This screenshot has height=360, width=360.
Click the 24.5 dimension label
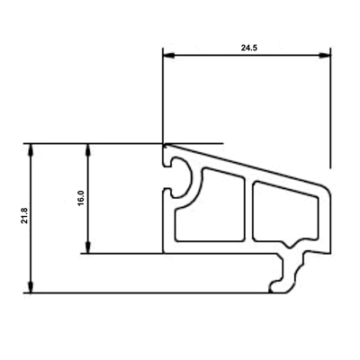click(x=249, y=48)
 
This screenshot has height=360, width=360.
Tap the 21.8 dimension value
click(x=24, y=216)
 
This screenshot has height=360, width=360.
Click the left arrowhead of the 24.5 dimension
click(x=168, y=56)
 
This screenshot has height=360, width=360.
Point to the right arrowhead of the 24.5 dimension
click(x=325, y=56)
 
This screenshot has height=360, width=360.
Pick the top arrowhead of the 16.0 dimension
click(x=88, y=149)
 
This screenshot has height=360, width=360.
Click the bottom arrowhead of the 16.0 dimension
click(x=88, y=247)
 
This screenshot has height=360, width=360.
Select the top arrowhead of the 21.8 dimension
click(x=31, y=149)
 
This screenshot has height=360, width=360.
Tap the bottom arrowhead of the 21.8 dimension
click(x=31, y=287)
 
